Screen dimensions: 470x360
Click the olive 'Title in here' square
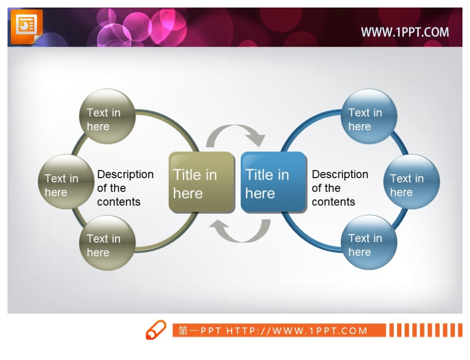click(202, 182)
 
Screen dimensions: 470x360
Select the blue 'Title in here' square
click(274, 182)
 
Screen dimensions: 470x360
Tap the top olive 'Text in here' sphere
click(107, 117)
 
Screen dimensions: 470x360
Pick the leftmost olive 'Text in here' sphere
click(66, 182)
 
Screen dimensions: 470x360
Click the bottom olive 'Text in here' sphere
click(107, 243)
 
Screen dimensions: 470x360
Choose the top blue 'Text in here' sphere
click(369, 117)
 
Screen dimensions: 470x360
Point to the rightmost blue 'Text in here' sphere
click(412, 182)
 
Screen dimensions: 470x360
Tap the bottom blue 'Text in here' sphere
click(369, 243)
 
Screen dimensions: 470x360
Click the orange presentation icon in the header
click(27, 27)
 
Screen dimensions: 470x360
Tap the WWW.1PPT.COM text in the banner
click(405, 32)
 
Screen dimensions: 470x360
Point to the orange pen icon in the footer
click(156, 330)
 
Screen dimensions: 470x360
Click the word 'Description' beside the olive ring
click(125, 174)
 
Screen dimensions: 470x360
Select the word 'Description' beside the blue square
click(340, 174)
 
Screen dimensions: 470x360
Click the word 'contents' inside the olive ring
click(119, 202)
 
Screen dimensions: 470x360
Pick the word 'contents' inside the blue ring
click(333, 202)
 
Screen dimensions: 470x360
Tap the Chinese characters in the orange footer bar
click(188, 330)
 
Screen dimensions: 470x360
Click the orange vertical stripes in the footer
click(426, 330)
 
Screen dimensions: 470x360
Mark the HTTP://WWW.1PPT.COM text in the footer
click(297, 330)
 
